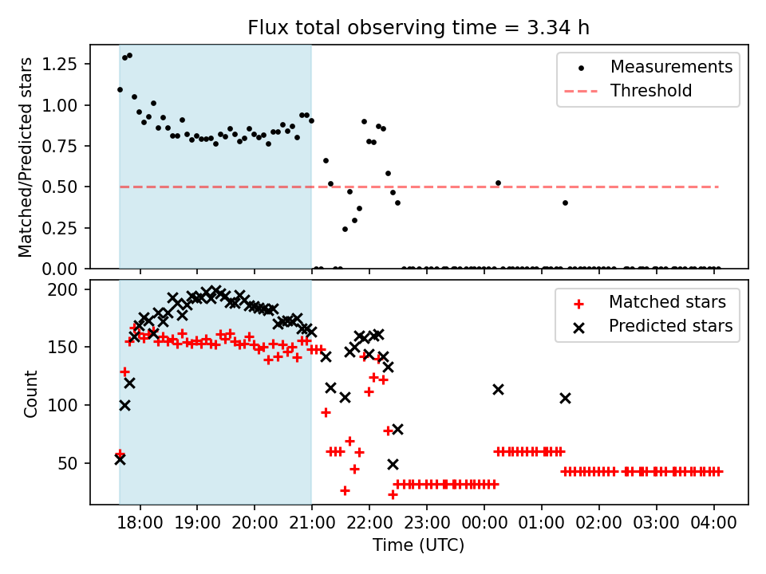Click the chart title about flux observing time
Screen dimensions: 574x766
[x=418, y=29]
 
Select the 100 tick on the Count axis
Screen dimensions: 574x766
[x=70, y=405]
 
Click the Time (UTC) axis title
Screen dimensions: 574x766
[x=418, y=546]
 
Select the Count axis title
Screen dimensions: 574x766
[x=31, y=392]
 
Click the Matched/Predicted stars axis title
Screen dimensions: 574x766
[x=26, y=156]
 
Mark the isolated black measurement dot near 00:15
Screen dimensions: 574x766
[x=498, y=183]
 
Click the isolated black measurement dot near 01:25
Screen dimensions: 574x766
[x=565, y=202]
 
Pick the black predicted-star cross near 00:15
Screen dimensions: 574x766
[x=498, y=389]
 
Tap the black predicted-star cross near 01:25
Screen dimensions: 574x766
[x=565, y=398]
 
